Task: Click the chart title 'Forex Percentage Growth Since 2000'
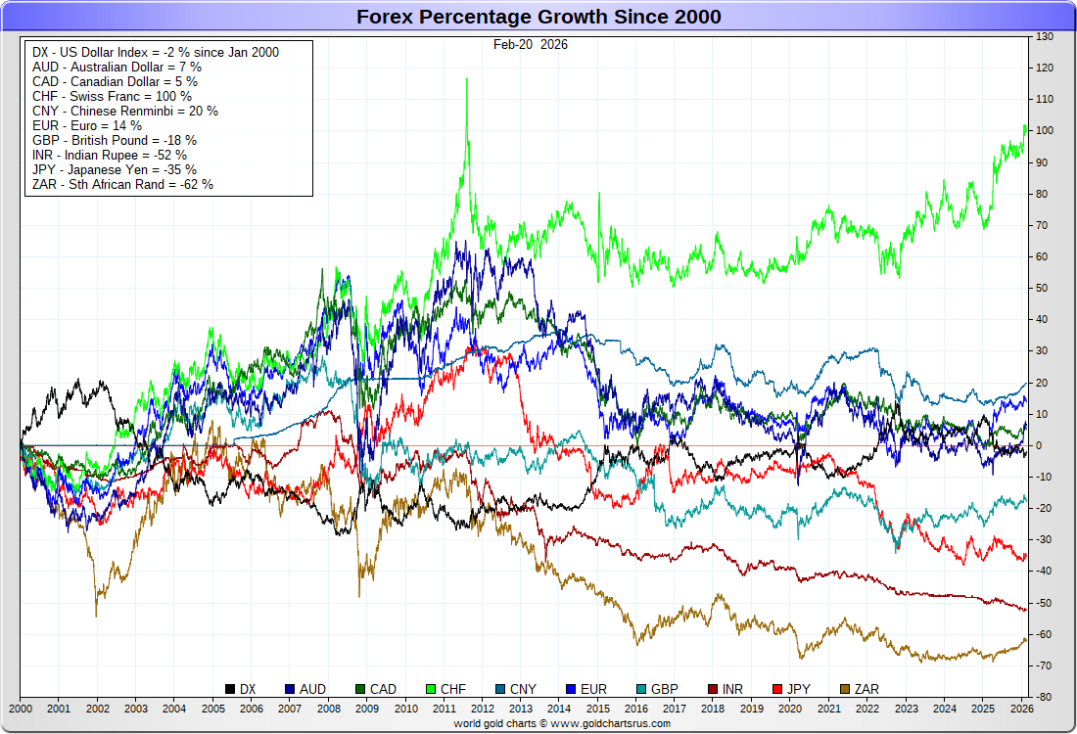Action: click(538, 17)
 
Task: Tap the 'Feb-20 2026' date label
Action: click(530, 44)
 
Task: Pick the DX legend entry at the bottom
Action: click(241, 690)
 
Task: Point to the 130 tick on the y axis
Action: click(1044, 36)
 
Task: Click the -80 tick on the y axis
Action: click(1044, 697)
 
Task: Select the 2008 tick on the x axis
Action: click(329, 708)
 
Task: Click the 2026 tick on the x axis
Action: click(1020, 708)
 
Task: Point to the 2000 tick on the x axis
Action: click(21, 708)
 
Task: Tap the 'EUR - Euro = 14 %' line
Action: click(86, 125)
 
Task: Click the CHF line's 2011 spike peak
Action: click(466, 78)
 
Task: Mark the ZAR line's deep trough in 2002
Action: click(96, 616)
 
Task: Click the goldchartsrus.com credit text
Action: click(562, 723)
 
